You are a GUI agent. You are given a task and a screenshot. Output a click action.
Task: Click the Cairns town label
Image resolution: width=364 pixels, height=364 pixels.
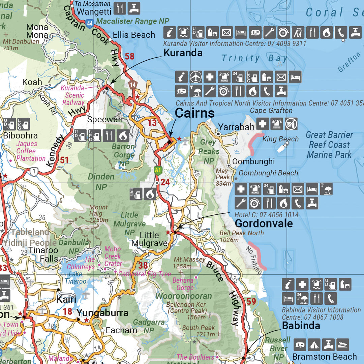[194, 113]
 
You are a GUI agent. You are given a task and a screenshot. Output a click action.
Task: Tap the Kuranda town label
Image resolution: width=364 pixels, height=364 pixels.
[183, 53]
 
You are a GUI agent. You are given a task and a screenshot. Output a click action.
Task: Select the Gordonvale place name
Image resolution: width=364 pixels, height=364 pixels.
[264, 223]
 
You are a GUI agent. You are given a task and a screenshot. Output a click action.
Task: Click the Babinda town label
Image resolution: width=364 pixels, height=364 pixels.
[301, 326]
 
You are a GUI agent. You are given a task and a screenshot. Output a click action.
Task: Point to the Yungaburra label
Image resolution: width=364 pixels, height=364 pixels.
[102, 313]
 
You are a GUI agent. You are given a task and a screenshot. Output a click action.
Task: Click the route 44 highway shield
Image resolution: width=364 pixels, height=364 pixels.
[89, 23]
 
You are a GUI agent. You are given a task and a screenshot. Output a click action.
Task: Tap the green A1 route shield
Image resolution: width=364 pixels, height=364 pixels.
[157, 170]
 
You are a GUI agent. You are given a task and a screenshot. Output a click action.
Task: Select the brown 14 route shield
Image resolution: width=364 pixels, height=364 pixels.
[133, 85]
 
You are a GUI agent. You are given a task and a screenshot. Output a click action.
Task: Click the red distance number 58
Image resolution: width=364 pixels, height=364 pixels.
[129, 56]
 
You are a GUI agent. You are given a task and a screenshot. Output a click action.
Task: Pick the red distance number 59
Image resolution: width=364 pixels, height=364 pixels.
[251, 301]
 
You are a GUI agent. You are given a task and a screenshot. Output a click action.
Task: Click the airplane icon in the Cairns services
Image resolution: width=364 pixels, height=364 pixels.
[195, 77]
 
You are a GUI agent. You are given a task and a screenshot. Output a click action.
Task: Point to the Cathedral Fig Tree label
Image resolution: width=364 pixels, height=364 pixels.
[145, 274]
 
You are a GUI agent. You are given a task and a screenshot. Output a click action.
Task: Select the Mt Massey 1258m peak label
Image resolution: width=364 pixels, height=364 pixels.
[189, 263]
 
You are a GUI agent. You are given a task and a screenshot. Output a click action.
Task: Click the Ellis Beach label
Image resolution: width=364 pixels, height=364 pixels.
[134, 35]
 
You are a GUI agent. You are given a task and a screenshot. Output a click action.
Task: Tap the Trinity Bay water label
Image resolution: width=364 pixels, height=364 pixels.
[254, 58]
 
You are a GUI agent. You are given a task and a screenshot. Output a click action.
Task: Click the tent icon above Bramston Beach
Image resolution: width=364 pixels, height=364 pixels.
[314, 345]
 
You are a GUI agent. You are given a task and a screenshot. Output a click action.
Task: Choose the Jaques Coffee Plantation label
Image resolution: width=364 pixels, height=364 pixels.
[31, 151]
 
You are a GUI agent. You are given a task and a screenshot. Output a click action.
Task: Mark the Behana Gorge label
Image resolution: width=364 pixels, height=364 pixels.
[183, 284]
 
